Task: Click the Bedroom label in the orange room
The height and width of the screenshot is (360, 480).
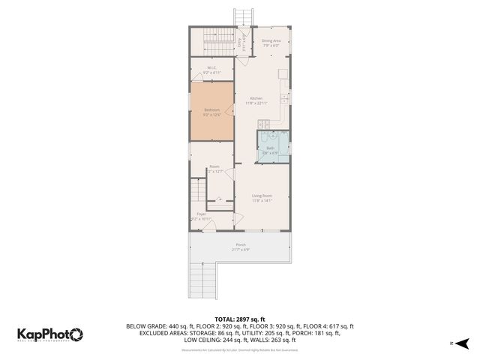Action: pyautogui.click(x=212, y=110)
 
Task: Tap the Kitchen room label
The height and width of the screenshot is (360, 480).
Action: pyautogui.click(x=256, y=99)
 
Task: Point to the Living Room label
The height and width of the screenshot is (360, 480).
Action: pyautogui.click(x=262, y=196)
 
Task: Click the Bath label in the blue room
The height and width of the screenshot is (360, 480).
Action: pyautogui.click(x=270, y=148)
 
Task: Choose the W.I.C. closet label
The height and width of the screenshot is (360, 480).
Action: pyautogui.click(x=211, y=68)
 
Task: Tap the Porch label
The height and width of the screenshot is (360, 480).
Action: pyautogui.click(x=241, y=244)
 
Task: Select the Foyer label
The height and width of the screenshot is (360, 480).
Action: pyautogui.click(x=201, y=214)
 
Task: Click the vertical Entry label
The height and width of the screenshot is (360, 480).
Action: pyautogui.click(x=240, y=44)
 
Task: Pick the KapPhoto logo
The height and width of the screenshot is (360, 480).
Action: pyautogui.click(x=49, y=334)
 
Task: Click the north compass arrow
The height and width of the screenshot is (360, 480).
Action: pyautogui.click(x=463, y=343)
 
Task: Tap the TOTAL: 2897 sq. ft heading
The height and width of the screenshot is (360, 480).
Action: pyautogui.click(x=240, y=319)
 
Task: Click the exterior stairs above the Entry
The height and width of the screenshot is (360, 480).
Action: pyautogui.click(x=244, y=17)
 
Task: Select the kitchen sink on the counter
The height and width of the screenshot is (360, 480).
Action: pyautogui.click(x=283, y=74)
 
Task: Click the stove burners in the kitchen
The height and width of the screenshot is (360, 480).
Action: pyautogui.click(x=285, y=98)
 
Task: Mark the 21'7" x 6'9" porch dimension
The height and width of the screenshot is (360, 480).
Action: pyautogui.click(x=241, y=250)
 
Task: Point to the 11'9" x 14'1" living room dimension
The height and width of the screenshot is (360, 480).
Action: pyautogui.click(x=262, y=201)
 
